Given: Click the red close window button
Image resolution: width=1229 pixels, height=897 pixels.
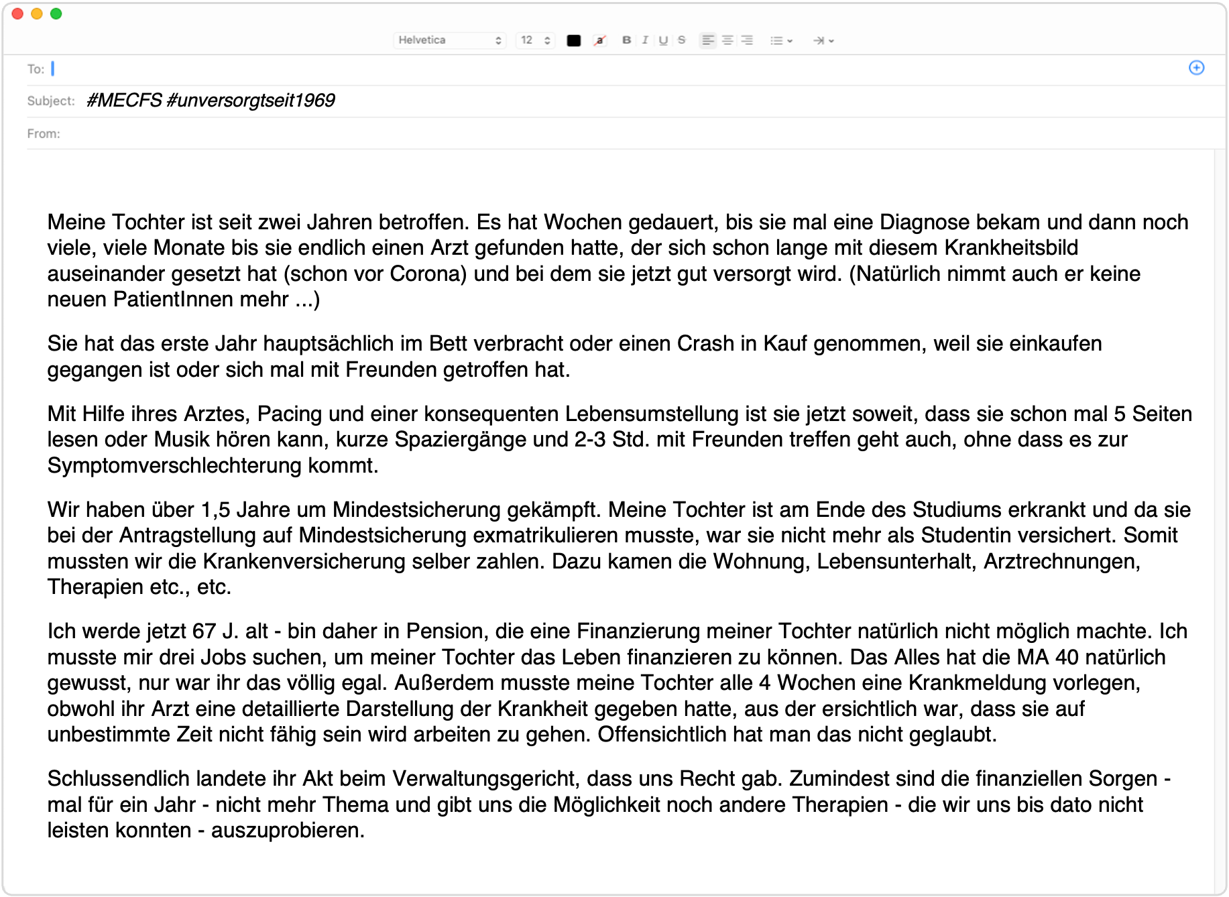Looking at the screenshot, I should pos(18,14).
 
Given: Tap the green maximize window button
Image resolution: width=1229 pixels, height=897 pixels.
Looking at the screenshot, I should pos(56,14).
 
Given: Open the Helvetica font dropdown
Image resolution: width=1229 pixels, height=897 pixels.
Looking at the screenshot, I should pos(449,40).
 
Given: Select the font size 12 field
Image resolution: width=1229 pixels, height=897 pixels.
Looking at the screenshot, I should pos(535,40).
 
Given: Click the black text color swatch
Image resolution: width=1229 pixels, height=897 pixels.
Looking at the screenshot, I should pos(574,40).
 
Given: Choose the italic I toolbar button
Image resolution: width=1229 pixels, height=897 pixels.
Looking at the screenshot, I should pos(645,40).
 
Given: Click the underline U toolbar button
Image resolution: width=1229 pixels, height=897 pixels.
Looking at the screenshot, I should pos(663,40).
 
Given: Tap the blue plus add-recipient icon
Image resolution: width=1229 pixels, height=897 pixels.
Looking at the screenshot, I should pos(1196,68).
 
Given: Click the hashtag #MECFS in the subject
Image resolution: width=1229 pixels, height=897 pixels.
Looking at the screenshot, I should pos(124,101).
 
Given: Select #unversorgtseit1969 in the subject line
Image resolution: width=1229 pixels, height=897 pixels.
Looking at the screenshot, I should pos(250,101).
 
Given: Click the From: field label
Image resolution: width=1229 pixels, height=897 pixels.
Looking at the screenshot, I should pos(44,133).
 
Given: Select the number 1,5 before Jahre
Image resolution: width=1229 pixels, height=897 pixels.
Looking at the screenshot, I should pos(215,510).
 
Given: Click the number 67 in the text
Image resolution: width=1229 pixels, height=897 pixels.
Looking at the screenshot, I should pos(204,631).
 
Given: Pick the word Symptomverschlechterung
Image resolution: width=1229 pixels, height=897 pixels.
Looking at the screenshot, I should pos(174,465).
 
